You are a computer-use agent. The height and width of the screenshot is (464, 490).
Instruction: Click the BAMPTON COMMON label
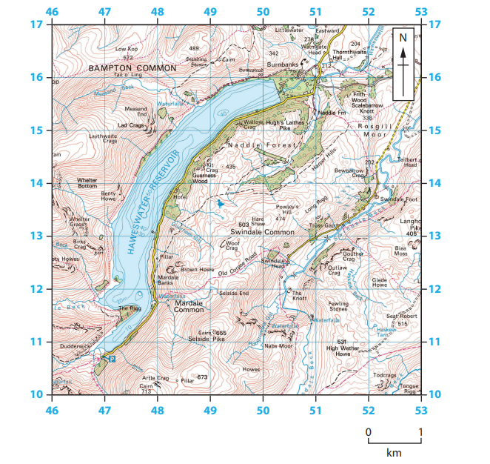(x=132, y=67)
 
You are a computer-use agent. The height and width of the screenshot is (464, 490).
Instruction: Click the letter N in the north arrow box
(x=403, y=37)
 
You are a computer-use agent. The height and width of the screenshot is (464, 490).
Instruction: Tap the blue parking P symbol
(x=112, y=359)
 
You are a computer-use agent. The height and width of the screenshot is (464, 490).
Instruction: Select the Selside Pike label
(x=207, y=338)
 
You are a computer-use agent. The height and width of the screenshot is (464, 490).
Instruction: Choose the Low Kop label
(x=127, y=49)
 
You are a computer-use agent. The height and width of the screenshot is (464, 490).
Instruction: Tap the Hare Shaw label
(x=259, y=219)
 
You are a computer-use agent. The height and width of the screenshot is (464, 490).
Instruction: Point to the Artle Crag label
(x=155, y=378)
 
